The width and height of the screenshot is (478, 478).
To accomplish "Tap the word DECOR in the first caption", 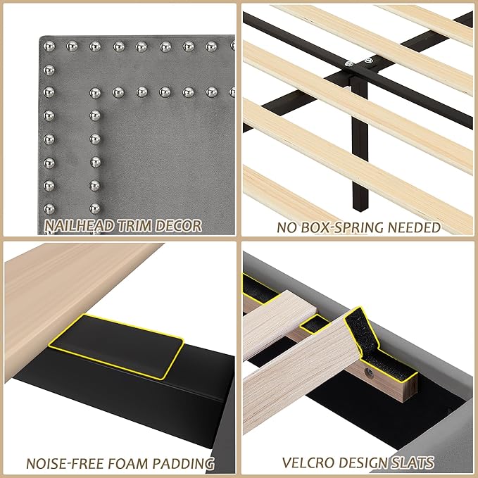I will click(x=180, y=226).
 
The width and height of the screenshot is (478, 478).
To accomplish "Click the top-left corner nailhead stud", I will click(x=49, y=46).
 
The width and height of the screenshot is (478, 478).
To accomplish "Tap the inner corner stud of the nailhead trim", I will click(x=94, y=92).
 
